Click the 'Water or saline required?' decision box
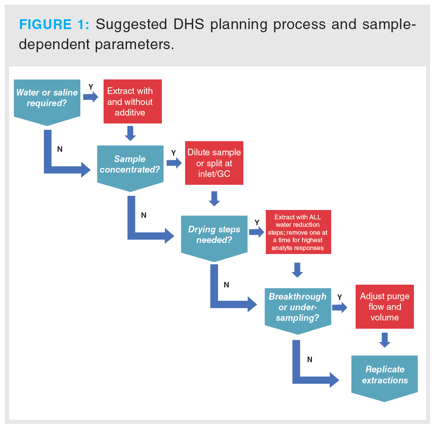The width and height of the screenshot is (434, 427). click(x=47, y=99)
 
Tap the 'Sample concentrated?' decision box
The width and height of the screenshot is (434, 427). click(x=130, y=165)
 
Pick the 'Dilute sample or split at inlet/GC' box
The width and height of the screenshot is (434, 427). click(x=214, y=163)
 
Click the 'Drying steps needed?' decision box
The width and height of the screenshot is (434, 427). click(x=214, y=235)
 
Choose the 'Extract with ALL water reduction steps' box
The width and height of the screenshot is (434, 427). click(x=298, y=232)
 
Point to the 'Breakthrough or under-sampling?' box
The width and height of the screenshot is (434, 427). click(x=297, y=307)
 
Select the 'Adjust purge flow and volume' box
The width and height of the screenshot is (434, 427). click(x=384, y=307)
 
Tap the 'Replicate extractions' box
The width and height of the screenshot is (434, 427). click(x=384, y=375)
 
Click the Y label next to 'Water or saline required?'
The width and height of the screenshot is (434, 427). click(x=91, y=87)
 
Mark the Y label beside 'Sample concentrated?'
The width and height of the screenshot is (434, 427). click(x=173, y=153)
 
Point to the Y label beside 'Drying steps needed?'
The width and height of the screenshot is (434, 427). click(x=257, y=223)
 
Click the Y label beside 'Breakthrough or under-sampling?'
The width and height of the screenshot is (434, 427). click(x=339, y=297)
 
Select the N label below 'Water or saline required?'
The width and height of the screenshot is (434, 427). click(x=60, y=149)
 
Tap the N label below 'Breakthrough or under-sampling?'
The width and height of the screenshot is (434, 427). click(x=310, y=359)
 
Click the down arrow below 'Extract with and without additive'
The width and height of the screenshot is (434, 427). click(x=130, y=133)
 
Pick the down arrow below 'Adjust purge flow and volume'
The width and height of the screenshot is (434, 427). click(x=385, y=340)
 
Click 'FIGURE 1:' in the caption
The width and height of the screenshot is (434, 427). click(x=54, y=25)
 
